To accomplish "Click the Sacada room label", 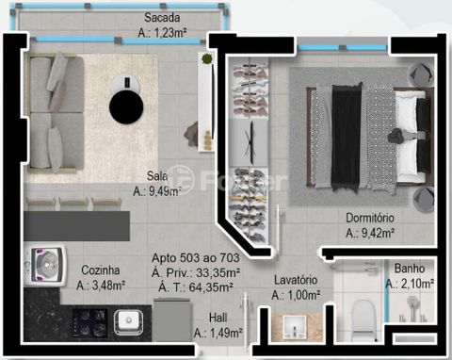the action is coord(162,18).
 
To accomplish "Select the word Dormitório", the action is coord(370,218).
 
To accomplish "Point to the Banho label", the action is coord(410,269).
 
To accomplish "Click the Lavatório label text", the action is coord(296,280).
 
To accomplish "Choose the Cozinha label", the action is coord(101,270).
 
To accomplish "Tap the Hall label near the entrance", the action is coord(218,318).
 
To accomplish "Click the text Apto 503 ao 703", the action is coord(196,258).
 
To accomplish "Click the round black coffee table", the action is coord(126,106).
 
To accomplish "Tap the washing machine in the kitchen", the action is coord(45,265).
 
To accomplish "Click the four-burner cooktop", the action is coord(89,322).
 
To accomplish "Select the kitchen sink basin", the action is coord(128,321).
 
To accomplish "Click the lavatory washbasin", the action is coord(295,327).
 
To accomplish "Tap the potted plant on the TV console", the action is coord(206,58).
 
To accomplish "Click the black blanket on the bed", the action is coord(346,137).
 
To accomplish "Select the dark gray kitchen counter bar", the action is coord(76,226).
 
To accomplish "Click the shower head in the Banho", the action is coord(411,303).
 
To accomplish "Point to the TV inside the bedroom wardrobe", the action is coord(251,142).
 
